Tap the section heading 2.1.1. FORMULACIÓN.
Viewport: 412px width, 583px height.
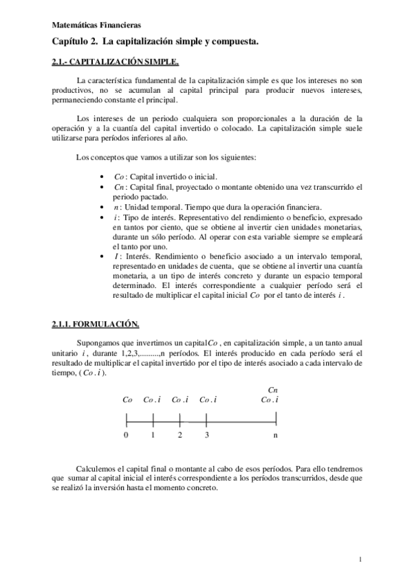[96, 322]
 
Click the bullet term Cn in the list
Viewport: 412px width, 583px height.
[118, 187]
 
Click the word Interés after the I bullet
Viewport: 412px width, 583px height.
[137, 257]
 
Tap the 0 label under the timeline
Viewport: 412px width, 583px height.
[126, 435]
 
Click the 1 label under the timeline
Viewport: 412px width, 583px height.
[153, 435]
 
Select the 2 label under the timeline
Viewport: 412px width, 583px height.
[180, 435]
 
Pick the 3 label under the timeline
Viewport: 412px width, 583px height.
[206, 435]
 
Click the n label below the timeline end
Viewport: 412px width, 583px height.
[276, 435]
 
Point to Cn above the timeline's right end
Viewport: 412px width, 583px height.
[273, 389]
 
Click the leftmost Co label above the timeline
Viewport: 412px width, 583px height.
[127, 399]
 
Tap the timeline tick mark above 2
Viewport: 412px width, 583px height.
[180, 417]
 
